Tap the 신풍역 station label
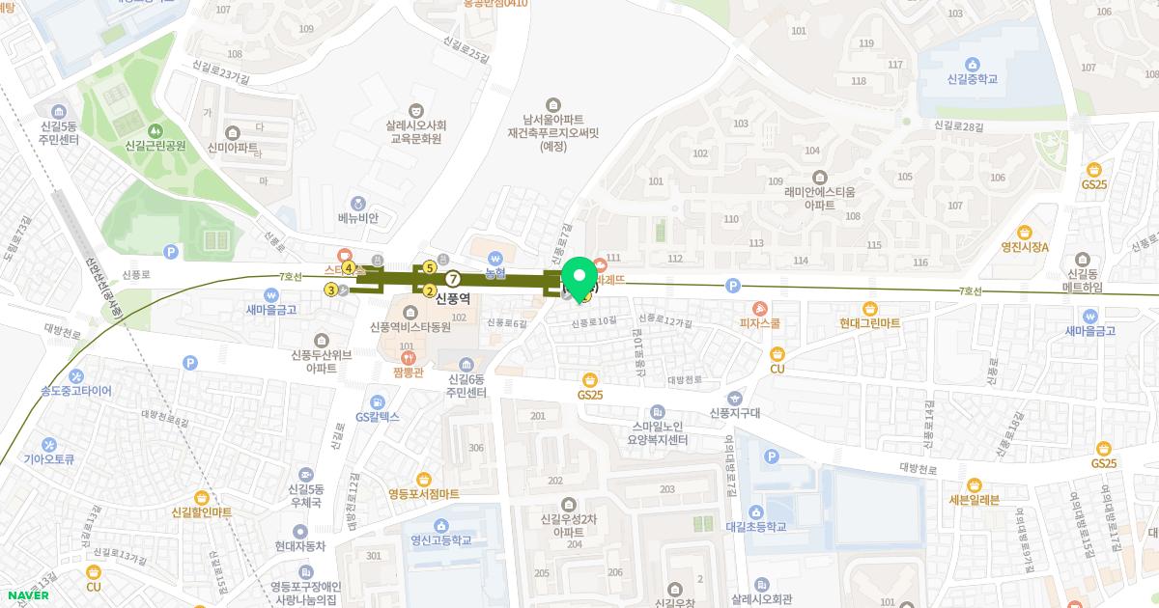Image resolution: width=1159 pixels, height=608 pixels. tap(452, 299)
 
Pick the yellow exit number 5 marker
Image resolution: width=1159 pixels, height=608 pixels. tap(429, 267)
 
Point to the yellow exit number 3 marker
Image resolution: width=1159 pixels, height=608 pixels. tap(331, 289)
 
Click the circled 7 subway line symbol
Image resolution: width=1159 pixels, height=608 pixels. tap(452, 280)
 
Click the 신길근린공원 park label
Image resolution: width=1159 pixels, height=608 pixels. tap(155, 146)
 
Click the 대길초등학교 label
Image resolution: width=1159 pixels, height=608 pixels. tap(756, 526)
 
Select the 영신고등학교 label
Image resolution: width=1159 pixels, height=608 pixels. tap(440, 539)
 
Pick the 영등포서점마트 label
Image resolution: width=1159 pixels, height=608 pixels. tap(424, 493)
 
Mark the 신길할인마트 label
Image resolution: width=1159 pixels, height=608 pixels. tap(202, 511)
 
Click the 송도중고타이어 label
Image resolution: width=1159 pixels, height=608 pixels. tap(75, 391)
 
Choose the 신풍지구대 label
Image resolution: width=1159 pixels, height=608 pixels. tap(736, 412)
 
